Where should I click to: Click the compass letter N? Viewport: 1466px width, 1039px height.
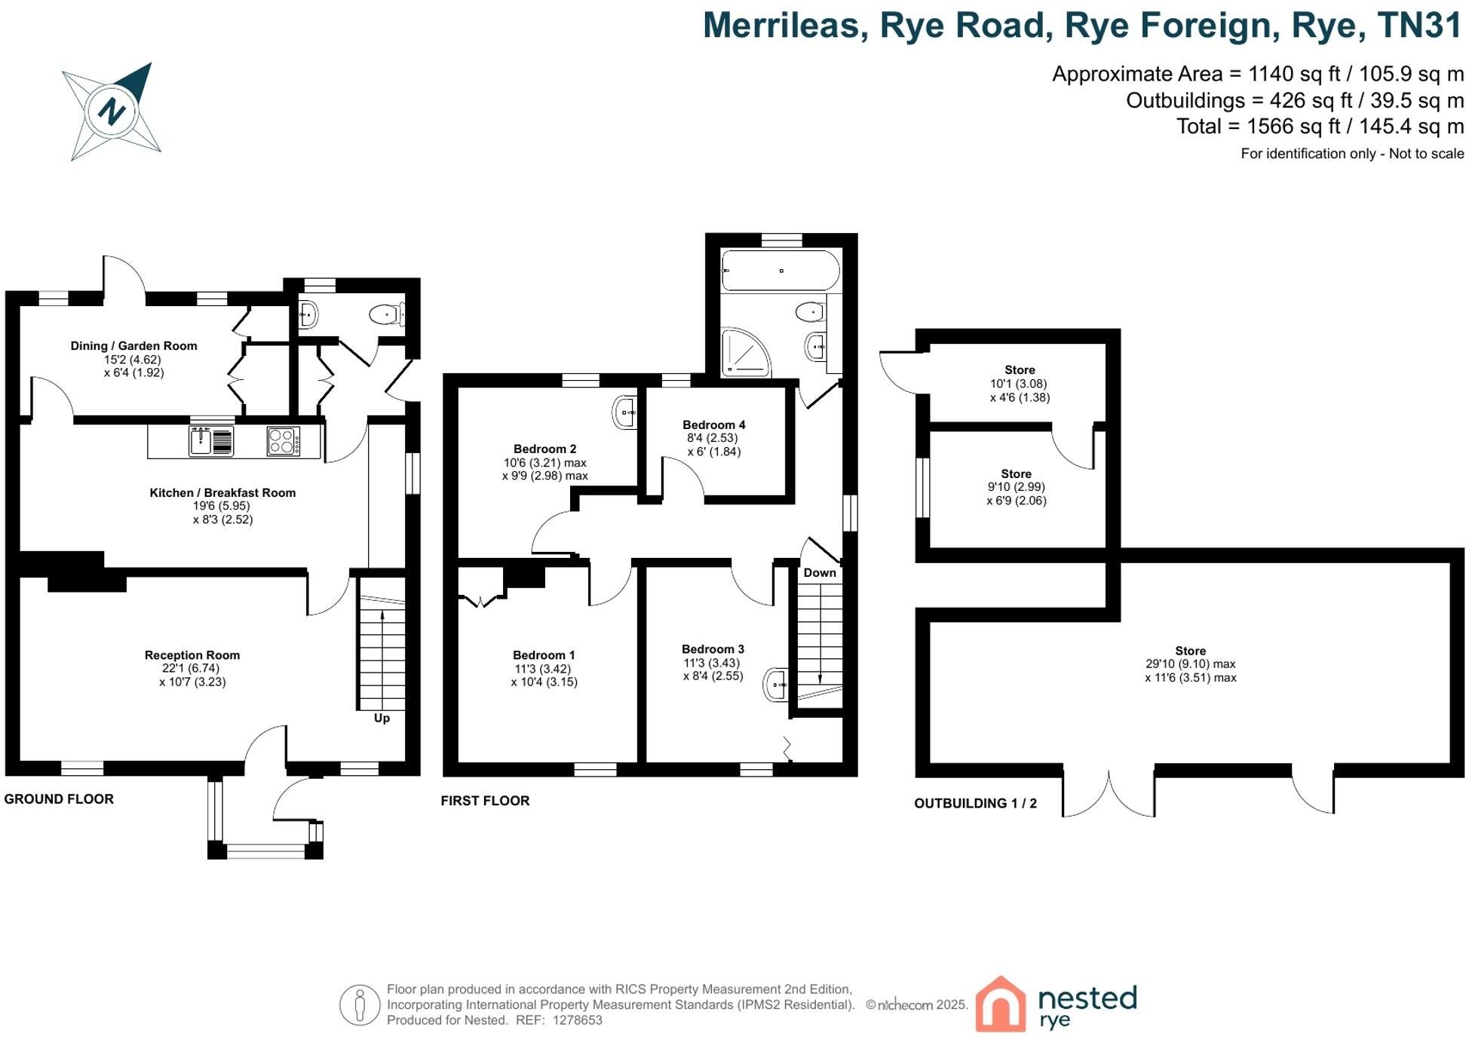[112, 112]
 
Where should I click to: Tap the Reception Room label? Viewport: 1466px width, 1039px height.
[192, 655]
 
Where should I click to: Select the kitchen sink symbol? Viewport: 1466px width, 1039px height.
[201, 440]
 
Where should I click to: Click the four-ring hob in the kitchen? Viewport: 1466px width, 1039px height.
[283, 441]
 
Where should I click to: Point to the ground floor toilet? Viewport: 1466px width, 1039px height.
[387, 314]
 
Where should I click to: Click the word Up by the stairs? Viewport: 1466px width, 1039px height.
[382, 718]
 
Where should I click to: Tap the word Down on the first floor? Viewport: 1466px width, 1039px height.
[820, 573]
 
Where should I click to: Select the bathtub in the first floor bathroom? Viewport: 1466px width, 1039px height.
[781, 271]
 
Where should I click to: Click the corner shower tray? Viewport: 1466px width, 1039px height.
[744, 352]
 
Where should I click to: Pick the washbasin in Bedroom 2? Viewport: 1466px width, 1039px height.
[625, 412]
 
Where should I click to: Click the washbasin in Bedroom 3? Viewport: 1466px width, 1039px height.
[777, 685]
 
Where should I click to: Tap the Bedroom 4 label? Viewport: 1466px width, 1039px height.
[713, 425]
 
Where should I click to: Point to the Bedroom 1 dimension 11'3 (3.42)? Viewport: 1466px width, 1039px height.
[543, 669]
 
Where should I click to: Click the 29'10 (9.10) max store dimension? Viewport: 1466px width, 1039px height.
[1190, 664]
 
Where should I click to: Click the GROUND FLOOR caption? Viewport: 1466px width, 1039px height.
[59, 799]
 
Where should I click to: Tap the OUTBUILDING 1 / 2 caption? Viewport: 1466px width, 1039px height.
[975, 804]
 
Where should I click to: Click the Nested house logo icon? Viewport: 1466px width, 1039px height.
[1001, 1004]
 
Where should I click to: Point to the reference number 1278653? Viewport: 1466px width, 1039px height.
[578, 1020]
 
